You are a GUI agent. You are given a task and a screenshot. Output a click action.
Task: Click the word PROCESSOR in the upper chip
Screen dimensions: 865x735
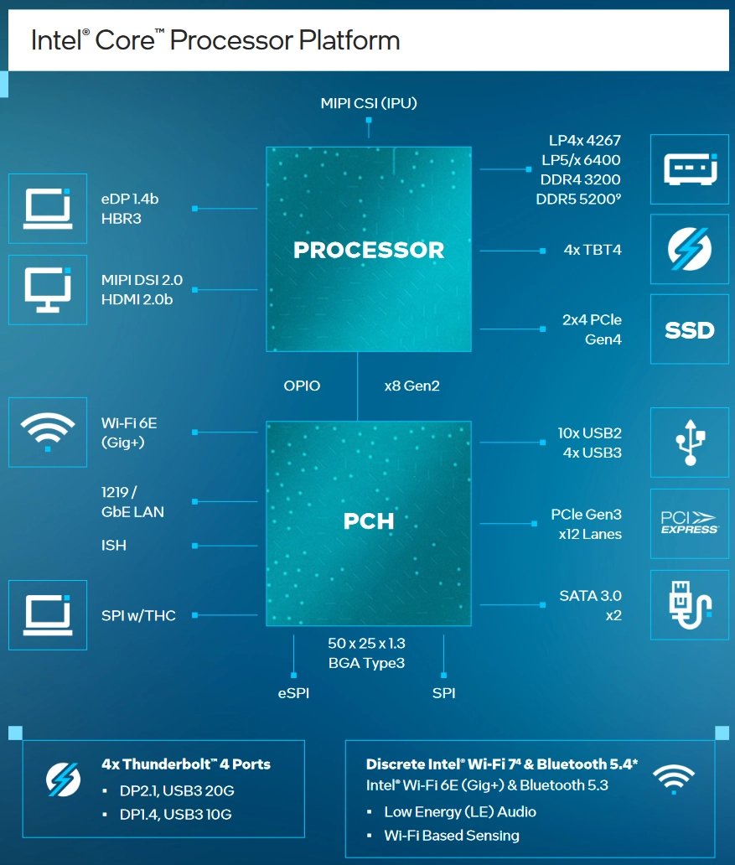click(x=369, y=250)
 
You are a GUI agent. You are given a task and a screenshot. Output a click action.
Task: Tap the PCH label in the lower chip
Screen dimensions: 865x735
click(x=369, y=521)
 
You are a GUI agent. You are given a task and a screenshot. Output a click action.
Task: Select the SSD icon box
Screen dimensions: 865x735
click(x=689, y=329)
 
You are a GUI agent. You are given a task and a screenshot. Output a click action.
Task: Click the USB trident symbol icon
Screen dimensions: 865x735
click(x=689, y=437)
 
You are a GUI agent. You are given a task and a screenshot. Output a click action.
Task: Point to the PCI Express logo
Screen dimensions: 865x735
click(x=689, y=523)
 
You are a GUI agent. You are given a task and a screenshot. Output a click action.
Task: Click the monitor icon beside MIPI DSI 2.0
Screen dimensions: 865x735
click(x=48, y=289)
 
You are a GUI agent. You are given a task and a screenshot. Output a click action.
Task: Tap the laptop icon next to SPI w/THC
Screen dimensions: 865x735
click(x=48, y=614)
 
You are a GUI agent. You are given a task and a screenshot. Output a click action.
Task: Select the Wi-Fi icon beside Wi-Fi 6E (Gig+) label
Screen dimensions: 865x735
click(x=48, y=432)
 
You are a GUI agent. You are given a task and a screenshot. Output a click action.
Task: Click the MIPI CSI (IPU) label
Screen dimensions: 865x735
click(x=369, y=103)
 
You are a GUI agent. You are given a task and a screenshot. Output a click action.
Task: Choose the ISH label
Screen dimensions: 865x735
click(x=113, y=546)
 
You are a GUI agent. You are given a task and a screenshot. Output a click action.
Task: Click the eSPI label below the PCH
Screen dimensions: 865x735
click(x=293, y=693)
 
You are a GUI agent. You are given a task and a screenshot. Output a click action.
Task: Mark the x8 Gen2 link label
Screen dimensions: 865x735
click(x=411, y=386)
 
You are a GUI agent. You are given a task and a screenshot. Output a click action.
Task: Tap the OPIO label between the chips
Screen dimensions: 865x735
click(x=302, y=386)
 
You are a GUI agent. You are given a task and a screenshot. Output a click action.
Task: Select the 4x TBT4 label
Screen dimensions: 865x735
click(x=593, y=250)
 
